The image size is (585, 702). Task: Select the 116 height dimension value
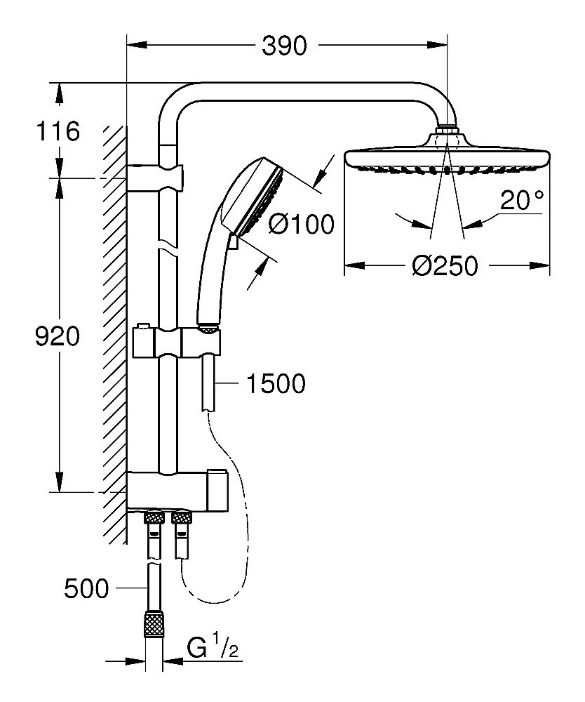click(x=60, y=131)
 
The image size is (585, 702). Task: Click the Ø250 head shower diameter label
click(x=445, y=267)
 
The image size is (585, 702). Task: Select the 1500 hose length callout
click(x=276, y=383)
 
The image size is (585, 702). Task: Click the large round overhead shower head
click(x=446, y=158)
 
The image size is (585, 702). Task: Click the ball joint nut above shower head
click(x=447, y=131)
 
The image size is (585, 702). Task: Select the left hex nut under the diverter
click(x=151, y=519)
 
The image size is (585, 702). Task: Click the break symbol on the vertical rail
click(x=168, y=248)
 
